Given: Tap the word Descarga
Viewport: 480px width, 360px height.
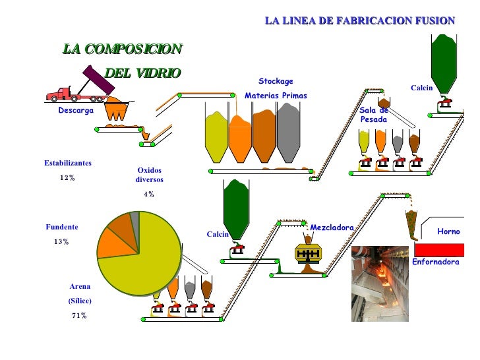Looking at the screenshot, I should [x=76, y=111].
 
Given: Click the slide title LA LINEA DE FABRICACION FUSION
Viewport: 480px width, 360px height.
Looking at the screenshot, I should [x=359, y=21].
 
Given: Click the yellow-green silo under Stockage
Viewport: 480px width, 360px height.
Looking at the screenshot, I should [x=216, y=137].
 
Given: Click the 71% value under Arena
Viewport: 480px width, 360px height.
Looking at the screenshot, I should [x=79, y=316].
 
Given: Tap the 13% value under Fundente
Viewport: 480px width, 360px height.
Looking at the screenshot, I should [x=61, y=242].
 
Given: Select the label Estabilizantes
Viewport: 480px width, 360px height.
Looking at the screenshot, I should [x=68, y=163].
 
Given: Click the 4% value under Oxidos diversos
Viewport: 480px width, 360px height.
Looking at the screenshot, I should [x=149, y=195].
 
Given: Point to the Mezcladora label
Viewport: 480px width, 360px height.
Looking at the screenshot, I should [x=332, y=227].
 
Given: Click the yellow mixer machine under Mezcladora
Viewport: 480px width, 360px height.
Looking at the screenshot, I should [x=307, y=254].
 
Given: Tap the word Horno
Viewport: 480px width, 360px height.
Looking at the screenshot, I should [x=448, y=232].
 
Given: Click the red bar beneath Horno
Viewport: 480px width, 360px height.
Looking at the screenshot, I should [x=439, y=250].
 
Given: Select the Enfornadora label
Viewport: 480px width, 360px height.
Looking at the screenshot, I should [x=435, y=262].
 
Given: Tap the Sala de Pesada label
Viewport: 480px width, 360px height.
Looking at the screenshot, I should [x=374, y=115].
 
